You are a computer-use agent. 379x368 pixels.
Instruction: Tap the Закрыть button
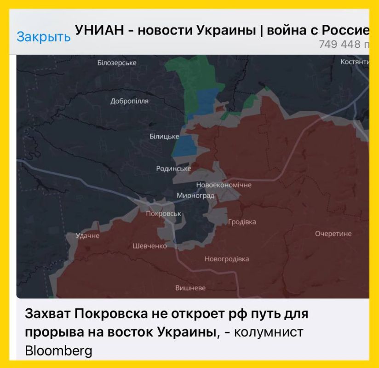click(x=43, y=37)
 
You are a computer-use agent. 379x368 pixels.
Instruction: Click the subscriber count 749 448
click(x=340, y=45)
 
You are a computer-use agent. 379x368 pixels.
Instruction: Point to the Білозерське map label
click(x=117, y=63)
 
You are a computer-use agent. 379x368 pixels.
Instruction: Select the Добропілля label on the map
click(x=129, y=101)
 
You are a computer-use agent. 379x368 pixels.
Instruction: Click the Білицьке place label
click(x=164, y=137)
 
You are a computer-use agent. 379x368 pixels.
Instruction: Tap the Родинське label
click(x=173, y=169)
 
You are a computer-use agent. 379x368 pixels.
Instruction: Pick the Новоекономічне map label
click(x=224, y=185)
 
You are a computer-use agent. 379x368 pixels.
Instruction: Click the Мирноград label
click(x=195, y=195)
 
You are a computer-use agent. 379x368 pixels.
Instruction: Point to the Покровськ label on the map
click(x=164, y=213)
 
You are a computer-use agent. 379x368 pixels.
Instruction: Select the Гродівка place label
click(x=242, y=222)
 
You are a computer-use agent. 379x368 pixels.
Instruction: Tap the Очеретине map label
click(x=333, y=234)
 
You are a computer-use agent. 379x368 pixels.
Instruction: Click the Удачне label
click(x=87, y=236)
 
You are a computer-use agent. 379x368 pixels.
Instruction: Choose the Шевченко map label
click(x=149, y=246)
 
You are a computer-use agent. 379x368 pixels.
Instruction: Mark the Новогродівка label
click(x=227, y=259)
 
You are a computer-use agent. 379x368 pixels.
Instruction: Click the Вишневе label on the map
click(x=190, y=288)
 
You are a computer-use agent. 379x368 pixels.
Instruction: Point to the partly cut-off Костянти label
click(x=354, y=62)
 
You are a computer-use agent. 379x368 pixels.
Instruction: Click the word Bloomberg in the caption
click(x=58, y=351)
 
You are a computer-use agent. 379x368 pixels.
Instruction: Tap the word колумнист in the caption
click(x=269, y=332)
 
